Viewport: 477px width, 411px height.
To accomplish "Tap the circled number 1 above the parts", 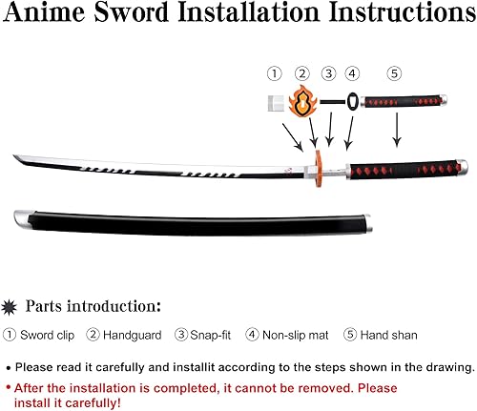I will click(274, 73).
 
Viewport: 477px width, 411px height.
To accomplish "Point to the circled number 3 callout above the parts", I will click(329, 73).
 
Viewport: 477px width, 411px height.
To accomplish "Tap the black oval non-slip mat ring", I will click(353, 101).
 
